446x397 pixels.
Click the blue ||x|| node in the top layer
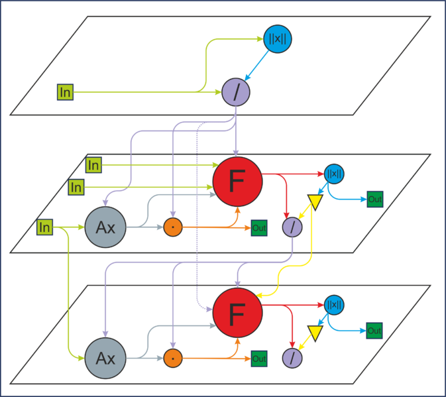(x=277, y=39)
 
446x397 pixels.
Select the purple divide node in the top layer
(x=236, y=92)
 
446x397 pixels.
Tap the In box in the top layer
(x=65, y=92)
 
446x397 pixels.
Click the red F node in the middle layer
(x=237, y=182)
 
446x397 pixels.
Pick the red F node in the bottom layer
(x=237, y=313)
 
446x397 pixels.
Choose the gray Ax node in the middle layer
(x=105, y=227)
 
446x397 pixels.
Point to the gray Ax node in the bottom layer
(x=105, y=359)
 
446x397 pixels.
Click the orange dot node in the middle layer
(x=173, y=227)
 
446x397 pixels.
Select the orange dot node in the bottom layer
(x=173, y=359)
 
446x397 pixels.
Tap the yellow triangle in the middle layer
(x=315, y=201)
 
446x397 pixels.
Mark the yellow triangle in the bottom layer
(x=315, y=332)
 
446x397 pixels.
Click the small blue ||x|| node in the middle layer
(x=334, y=174)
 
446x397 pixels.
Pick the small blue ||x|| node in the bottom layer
(x=334, y=305)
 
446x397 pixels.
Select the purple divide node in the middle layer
(x=292, y=227)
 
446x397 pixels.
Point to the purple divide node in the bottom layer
(x=292, y=359)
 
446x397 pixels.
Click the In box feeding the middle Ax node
(x=44, y=227)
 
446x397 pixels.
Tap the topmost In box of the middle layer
(x=93, y=165)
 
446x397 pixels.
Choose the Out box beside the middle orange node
(x=259, y=228)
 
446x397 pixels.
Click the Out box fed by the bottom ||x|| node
(x=374, y=331)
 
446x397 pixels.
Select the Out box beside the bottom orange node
(x=259, y=359)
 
